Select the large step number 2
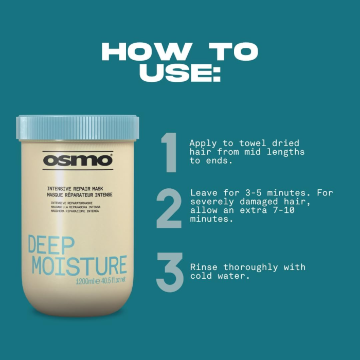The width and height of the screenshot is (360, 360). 169,208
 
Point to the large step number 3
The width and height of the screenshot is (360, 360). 170,273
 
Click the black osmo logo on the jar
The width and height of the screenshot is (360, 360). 77,160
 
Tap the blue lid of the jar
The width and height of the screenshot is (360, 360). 77,128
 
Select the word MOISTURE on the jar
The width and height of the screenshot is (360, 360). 79,265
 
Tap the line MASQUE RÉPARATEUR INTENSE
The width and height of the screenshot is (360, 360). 80,195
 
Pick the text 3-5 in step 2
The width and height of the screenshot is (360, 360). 252,193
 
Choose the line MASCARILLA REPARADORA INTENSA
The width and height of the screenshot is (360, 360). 76,207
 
